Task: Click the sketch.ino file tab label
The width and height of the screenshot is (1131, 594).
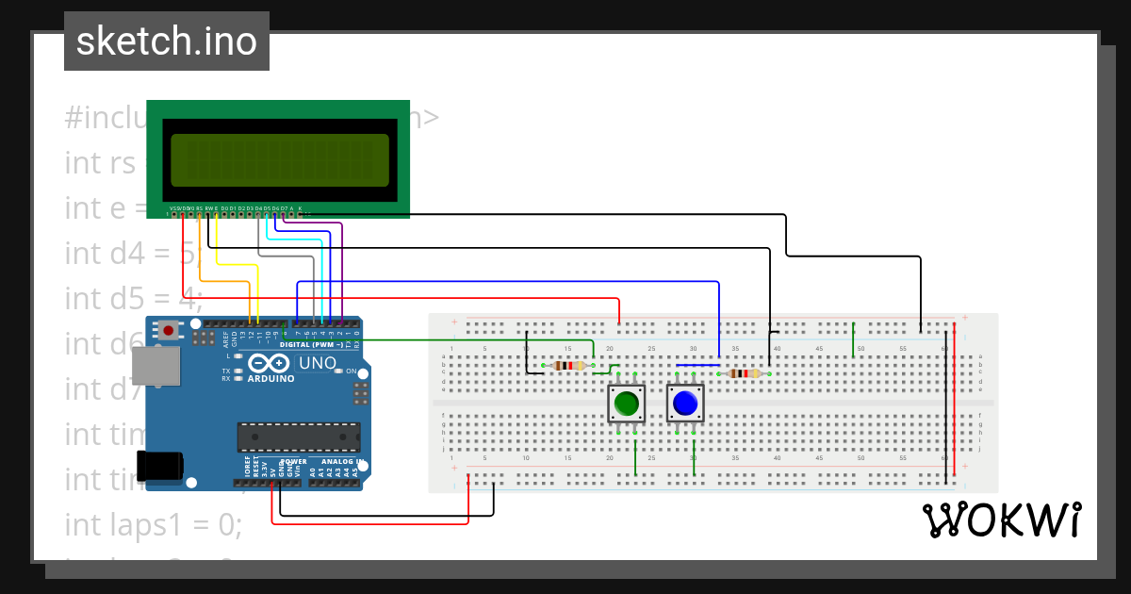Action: (x=166, y=41)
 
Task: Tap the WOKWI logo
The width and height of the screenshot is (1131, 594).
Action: (x=1001, y=520)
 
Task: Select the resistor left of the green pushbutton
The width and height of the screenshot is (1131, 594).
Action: (x=568, y=366)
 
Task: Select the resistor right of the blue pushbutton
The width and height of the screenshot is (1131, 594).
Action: (x=745, y=373)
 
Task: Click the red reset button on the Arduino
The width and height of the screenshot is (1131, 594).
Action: (x=169, y=330)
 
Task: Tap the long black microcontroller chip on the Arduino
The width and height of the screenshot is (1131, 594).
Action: (x=298, y=437)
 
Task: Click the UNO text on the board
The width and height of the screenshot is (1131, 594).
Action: (x=317, y=363)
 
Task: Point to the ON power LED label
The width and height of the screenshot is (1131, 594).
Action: (x=350, y=371)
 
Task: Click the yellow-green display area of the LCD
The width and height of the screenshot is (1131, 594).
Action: (x=279, y=159)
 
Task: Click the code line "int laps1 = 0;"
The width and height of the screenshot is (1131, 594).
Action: (x=154, y=524)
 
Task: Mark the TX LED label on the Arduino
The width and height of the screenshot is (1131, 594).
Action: (x=226, y=371)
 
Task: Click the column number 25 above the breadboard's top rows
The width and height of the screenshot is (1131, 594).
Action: (x=651, y=350)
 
